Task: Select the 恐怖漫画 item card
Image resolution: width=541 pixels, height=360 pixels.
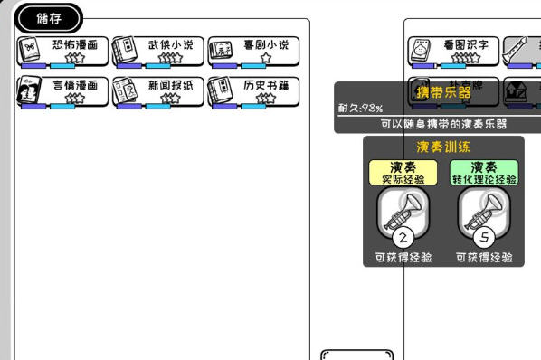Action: point(62,51)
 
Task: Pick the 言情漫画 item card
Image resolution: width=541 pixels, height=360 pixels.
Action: point(62,90)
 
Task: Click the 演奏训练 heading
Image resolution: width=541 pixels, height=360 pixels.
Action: point(443,147)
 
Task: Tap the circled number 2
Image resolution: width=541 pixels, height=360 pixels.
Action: point(403,239)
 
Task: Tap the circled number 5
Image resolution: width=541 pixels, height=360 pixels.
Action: point(485,239)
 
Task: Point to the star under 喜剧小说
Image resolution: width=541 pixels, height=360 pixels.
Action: point(265,58)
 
